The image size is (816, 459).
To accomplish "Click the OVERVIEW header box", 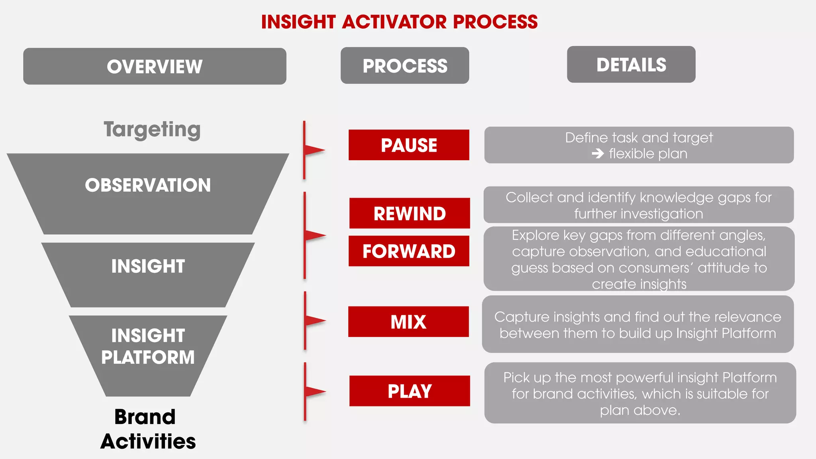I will coord(155,66).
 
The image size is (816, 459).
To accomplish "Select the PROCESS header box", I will coord(405,66).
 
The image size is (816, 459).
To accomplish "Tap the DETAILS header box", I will coord(631,65).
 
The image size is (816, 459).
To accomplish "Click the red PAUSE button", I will coord(409,145).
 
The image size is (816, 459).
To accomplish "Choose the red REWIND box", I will coord(410,214).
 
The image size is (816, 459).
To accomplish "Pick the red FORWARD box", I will coord(409,251).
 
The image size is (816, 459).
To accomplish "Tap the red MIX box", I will coord(408,322).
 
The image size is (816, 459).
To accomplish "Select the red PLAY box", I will coord(410,391).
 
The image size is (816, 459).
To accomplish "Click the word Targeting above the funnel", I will coord(152,129).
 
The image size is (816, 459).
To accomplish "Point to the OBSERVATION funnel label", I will coord(148,185).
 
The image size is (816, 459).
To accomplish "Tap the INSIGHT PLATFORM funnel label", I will coord(148,346).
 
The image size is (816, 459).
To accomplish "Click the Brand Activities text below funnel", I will coord(147,429).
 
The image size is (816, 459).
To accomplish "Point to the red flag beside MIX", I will coord(315,320).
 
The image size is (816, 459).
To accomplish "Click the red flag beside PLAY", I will coord(315,391).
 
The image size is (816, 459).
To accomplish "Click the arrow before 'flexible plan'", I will coord(598,153).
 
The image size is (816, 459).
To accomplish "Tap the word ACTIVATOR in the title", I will coord(394,22).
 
